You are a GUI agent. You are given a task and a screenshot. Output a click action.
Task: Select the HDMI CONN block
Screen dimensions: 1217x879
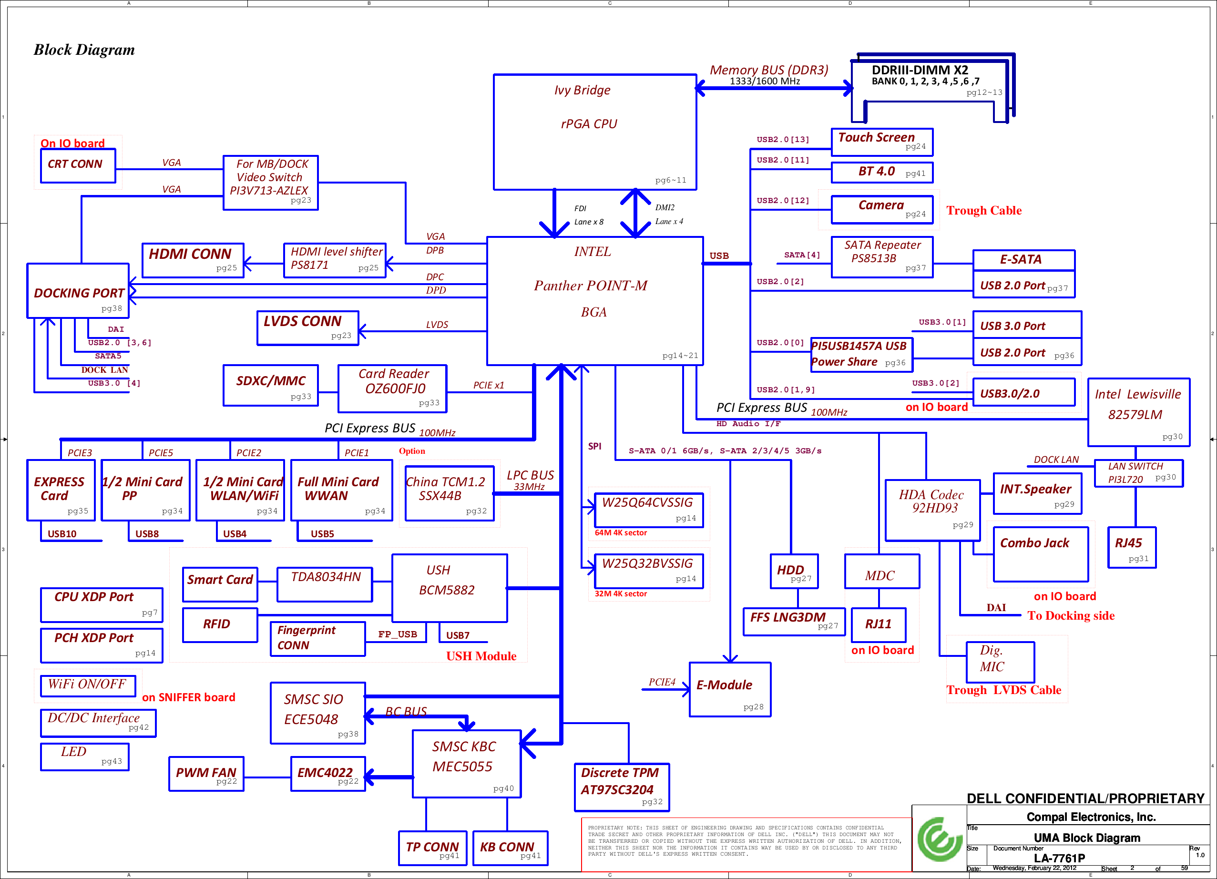coord(193,260)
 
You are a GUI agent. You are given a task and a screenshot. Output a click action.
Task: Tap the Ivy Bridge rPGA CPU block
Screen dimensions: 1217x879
coord(595,132)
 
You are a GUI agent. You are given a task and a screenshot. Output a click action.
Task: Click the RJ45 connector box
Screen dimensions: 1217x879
coord(1132,547)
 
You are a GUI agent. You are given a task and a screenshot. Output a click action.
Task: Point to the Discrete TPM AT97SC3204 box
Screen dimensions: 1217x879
coord(622,787)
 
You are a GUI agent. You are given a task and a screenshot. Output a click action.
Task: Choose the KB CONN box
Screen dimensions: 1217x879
coord(511,848)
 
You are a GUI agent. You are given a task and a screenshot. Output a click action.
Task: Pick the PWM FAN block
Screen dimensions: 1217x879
coord(206,774)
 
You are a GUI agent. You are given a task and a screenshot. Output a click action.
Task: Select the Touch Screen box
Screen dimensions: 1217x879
coord(882,142)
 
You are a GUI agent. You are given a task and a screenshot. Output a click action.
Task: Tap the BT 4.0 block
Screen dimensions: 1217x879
coord(882,172)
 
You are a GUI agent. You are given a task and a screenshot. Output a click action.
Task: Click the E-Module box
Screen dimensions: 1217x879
coord(730,690)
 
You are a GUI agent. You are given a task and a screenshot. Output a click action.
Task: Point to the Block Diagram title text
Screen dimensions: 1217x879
coord(84,50)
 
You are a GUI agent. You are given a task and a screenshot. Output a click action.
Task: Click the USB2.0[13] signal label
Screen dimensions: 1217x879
coord(783,140)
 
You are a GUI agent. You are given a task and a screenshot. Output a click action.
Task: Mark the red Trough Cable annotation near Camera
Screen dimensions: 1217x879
coord(983,210)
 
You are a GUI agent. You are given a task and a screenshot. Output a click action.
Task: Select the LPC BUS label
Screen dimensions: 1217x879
coord(530,475)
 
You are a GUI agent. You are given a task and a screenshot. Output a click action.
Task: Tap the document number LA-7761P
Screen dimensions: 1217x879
coord(1059,858)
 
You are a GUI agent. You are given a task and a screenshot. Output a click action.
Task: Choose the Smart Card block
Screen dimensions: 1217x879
coord(220,584)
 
